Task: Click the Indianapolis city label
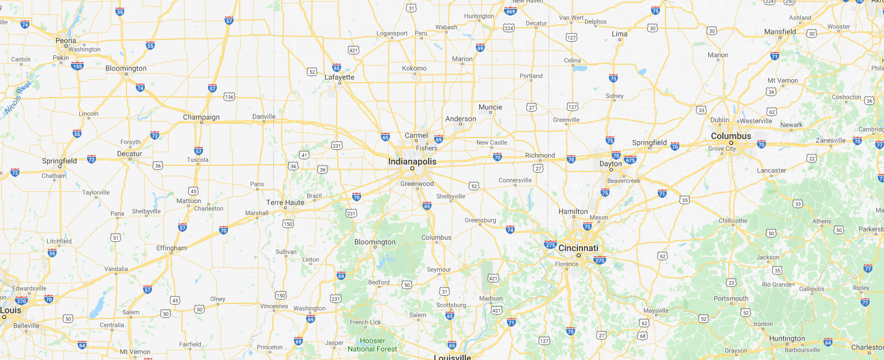click(x=412, y=161)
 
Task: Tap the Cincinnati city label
click(x=578, y=248)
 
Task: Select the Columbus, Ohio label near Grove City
click(x=731, y=136)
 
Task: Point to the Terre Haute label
click(x=285, y=202)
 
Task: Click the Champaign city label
click(x=201, y=117)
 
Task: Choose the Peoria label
click(x=66, y=40)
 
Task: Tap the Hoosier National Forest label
click(x=372, y=345)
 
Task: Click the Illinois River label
click(x=18, y=98)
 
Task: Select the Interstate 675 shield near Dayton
click(x=630, y=160)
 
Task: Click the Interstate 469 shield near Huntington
click(x=510, y=11)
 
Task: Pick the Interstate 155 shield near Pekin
click(x=77, y=66)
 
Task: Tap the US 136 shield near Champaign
click(x=229, y=97)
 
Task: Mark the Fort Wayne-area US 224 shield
click(x=509, y=28)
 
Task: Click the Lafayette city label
click(x=339, y=77)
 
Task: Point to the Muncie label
click(x=490, y=107)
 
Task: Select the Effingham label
click(x=171, y=248)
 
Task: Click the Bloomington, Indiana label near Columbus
click(x=375, y=242)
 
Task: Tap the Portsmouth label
click(x=731, y=298)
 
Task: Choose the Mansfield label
click(x=780, y=32)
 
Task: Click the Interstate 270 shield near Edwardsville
click(x=21, y=301)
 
